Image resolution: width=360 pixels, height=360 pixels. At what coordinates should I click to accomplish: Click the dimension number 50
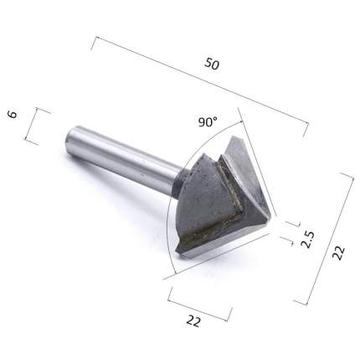[x=212, y=64]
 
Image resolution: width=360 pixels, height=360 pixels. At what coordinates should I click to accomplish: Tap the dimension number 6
[x=13, y=114]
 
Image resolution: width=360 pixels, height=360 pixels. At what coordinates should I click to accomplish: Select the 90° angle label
[x=208, y=122]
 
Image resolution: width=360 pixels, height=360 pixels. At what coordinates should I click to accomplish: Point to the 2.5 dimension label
[x=308, y=239]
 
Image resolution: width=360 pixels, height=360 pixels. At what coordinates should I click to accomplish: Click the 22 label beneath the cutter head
[x=193, y=321]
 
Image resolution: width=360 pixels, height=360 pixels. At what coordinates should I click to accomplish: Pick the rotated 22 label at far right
[x=339, y=253]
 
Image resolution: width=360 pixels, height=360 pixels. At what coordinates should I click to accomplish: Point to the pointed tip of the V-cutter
[x=270, y=215]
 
